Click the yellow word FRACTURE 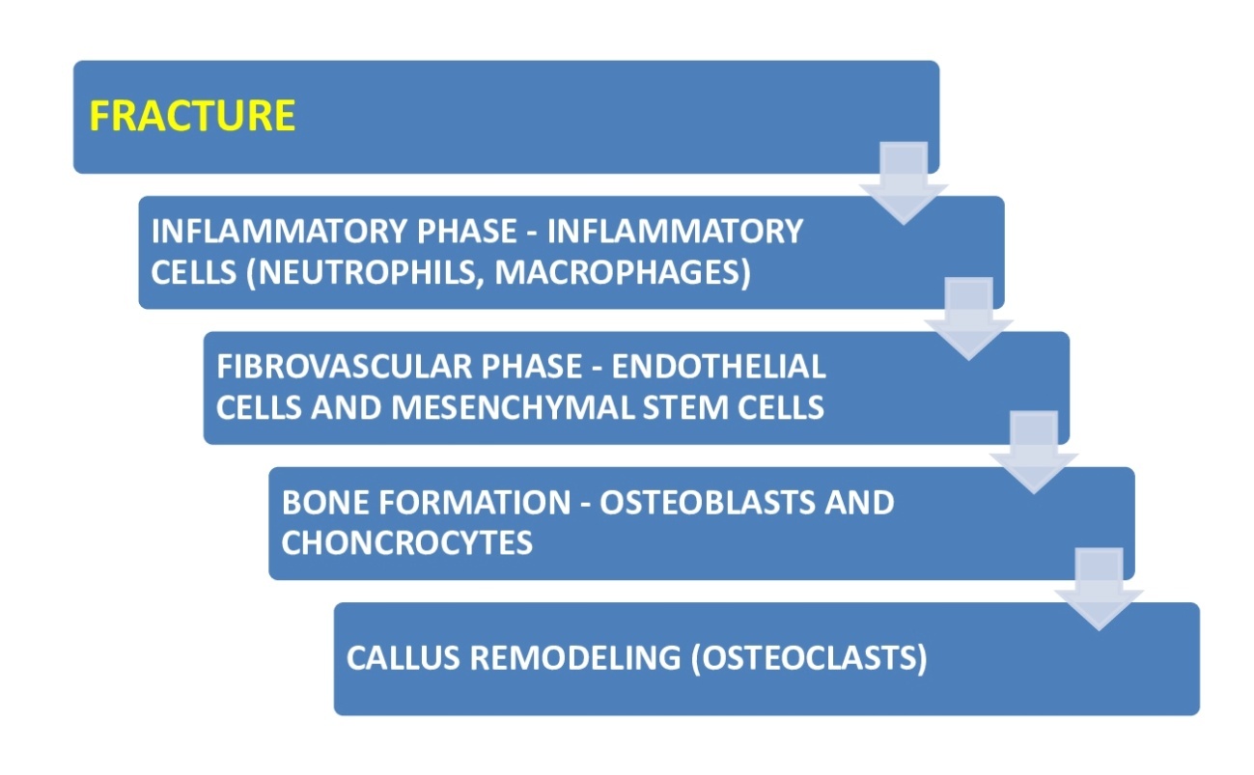[x=192, y=116]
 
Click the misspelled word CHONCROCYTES [x=406, y=542]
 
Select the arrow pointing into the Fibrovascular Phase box [x=968, y=318]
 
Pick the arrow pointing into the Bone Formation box [x=1033, y=454]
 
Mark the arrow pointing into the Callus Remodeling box [x=1098, y=589]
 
